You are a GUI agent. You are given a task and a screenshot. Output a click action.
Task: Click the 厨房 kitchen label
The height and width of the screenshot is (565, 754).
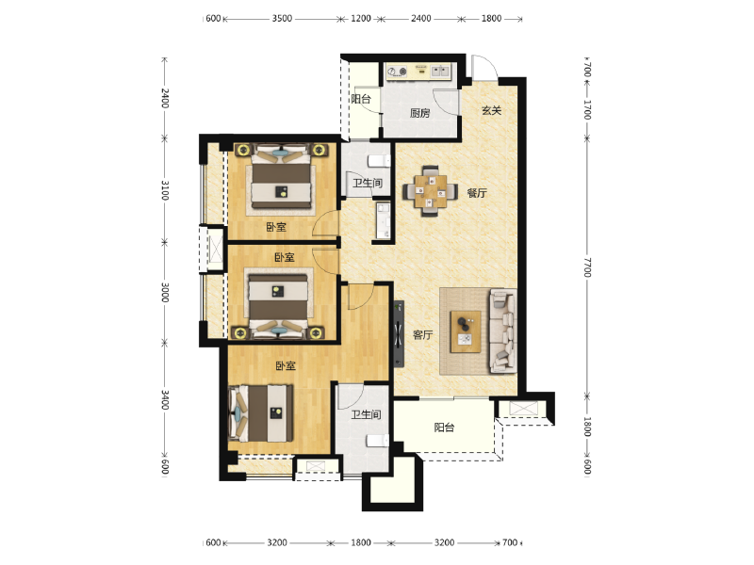tap(419, 113)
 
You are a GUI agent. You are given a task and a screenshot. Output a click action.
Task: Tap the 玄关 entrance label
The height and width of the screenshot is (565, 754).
tap(491, 110)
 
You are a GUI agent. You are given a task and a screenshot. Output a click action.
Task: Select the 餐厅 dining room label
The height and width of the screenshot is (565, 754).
tap(477, 193)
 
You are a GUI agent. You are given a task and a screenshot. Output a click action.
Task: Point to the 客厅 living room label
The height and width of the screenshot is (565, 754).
tap(422, 335)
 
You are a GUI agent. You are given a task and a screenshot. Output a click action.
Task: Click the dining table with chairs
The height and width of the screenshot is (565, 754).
tap(431, 191)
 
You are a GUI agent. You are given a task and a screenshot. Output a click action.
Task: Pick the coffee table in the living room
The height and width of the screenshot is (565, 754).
tap(466, 331)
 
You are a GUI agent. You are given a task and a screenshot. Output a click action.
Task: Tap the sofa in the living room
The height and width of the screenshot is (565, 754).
tap(503, 331)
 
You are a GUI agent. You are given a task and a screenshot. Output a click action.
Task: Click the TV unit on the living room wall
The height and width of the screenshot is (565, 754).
tap(399, 333)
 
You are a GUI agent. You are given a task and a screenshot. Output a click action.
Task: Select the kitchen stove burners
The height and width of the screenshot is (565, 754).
tap(397, 73)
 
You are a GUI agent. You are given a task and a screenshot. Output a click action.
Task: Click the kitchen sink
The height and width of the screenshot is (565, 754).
tap(440, 72)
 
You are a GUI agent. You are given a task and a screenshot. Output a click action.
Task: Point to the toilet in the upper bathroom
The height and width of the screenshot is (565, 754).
tap(379, 161)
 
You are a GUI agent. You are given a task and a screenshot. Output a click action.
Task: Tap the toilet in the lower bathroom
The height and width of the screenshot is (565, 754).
tap(378, 441)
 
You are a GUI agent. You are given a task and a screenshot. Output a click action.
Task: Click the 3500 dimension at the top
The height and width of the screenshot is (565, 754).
tap(282, 19)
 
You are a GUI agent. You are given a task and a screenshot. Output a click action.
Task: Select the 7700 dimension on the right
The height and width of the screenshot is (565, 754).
tap(587, 266)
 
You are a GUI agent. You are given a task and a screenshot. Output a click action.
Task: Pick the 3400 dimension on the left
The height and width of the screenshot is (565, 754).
tap(164, 399)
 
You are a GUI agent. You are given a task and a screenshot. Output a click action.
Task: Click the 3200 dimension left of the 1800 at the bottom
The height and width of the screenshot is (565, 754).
tap(277, 542)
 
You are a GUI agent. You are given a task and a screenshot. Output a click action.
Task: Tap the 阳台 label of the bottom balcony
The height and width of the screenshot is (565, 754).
tap(444, 428)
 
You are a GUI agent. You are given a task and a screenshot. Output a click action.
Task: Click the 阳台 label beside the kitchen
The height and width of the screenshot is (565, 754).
tap(361, 99)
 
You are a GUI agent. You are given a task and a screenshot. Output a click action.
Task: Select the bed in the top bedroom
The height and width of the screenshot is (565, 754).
tap(281, 177)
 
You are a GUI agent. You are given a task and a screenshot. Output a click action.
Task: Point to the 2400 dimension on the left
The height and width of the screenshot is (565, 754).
tap(164, 98)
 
